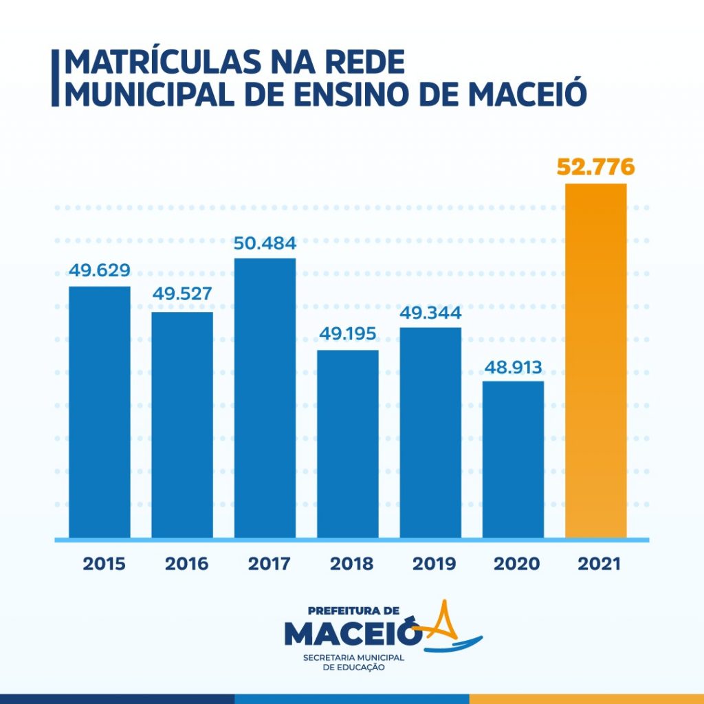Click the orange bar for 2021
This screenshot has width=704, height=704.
click(595, 360)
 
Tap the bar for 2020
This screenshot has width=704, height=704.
click(513, 459)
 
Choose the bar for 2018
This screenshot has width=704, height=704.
click(347, 443)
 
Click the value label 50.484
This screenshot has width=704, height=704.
click(265, 243)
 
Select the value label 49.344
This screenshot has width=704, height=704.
click(430, 313)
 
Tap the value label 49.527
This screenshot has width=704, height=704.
click(182, 294)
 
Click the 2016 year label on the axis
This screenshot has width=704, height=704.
click(186, 564)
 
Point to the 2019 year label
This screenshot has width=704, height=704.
click(434, 564)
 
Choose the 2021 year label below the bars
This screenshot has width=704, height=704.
click(599, 564)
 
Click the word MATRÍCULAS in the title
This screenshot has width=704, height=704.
click(161, 63)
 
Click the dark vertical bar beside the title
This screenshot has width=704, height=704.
click(55, 77)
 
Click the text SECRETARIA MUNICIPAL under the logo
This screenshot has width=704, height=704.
click(353, 658)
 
